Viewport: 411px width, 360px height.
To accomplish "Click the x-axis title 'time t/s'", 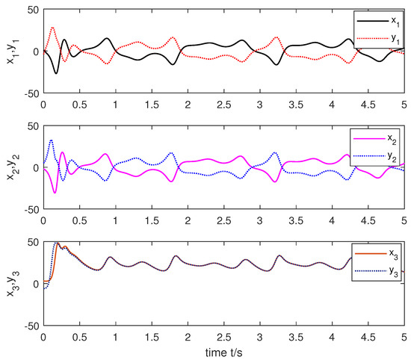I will click(223, 350).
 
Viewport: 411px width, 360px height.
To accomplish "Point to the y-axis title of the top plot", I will click(10, 52).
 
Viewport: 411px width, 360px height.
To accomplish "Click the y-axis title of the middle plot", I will click(10, 168).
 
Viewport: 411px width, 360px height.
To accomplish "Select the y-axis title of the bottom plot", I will click(10, 285).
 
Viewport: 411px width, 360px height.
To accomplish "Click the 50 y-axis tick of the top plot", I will click(33, 10).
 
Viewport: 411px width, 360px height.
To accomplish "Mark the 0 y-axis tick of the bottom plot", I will click(36, 285).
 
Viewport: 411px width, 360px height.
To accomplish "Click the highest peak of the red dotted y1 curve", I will click(52, 28).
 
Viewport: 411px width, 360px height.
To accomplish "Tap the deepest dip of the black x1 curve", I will click(56, 73).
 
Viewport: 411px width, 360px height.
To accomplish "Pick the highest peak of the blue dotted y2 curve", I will click(51, 140).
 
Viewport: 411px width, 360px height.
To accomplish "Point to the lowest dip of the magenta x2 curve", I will click(55, 193).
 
